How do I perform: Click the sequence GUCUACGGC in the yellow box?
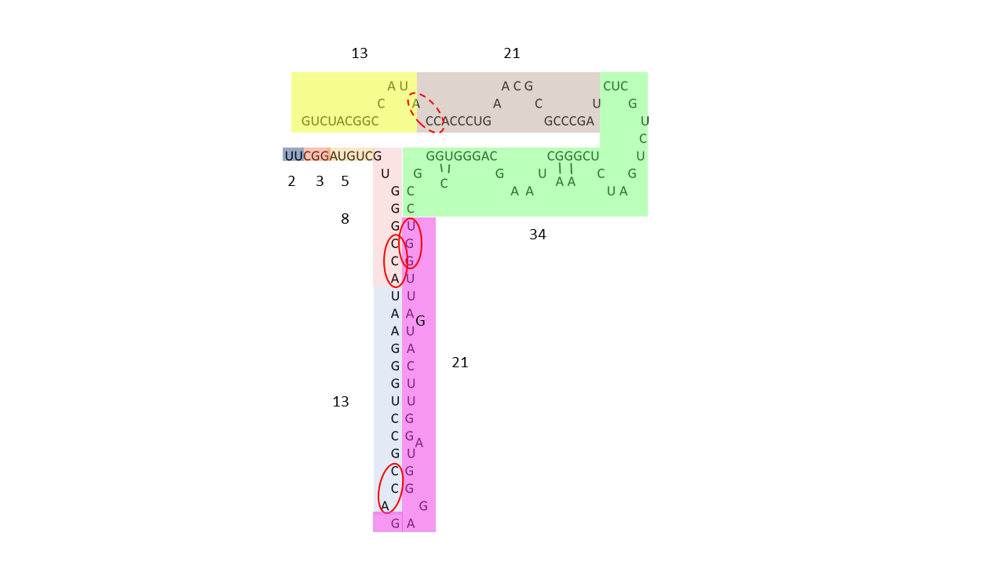click(340, 121)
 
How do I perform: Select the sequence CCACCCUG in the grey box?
click(458, 121)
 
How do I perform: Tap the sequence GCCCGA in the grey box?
click(569, 121)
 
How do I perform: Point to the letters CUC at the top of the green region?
click(615, 86)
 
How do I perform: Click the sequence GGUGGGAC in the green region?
click(461, 156)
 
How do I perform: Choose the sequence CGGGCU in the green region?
click(573, 156)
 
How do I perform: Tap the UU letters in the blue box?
click(294, 156)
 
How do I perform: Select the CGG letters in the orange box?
click(316, 156)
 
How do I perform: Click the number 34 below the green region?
click(538, 235)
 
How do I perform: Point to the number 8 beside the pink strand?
click(345, 219)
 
